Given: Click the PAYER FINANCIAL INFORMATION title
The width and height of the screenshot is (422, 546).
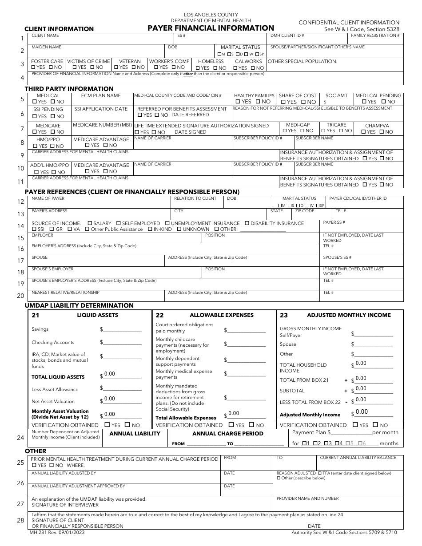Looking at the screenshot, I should point(211,28).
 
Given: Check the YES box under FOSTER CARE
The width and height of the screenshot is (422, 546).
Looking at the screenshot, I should point(33,67).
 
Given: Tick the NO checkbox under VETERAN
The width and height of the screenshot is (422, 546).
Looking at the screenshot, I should point(133,67).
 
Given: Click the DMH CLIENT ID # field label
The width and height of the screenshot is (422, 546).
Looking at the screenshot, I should point(287,35).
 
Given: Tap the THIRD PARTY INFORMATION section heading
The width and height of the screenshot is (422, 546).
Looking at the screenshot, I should point(69,89).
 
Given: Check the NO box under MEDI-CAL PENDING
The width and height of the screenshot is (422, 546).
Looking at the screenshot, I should point(384,102).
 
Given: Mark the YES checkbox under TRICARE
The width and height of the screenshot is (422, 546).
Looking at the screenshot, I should point(324,131).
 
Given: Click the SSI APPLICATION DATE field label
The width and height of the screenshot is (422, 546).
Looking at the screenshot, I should point(101,109).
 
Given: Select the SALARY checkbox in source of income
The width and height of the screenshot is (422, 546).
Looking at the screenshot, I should point(90,223).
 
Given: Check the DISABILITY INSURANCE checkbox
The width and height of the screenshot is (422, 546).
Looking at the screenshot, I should point(247,223).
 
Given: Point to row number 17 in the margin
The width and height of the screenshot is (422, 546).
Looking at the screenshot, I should point(20,261).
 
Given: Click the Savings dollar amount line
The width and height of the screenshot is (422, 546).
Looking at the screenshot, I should point(122,329).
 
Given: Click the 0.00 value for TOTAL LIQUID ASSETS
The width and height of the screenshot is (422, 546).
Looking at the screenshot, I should point(110,374).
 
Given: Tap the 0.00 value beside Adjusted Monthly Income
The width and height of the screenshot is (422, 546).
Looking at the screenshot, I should point(362,412).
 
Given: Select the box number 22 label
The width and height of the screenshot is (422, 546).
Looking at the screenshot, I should point(160,316).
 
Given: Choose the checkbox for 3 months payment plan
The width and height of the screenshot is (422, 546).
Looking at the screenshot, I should point(327,443).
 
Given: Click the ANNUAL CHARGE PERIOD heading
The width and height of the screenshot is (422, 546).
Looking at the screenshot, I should point(227,434).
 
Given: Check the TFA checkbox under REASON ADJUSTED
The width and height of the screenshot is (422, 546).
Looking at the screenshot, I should point(320,473).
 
